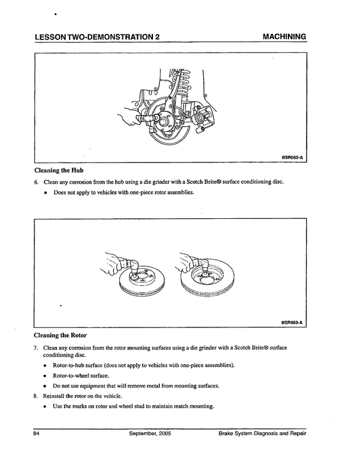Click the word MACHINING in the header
click(x=285, y=36)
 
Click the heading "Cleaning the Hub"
click(x=59, y=171)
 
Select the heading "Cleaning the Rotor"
click(x=60, y=336)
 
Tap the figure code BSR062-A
click(x=292, y=157)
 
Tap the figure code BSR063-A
click(x=292, y=322)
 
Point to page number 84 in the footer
click(x=36, y=433)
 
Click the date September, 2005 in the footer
click(x=150, y=433)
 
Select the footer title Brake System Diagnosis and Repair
click(x=262, y=433)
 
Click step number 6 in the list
click(x=36, y=182)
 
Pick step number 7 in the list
click(x=36, y=347)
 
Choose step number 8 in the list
click(x=36, y=396)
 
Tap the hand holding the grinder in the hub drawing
click(x=128, y=117)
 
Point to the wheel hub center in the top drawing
click(x=163, y=121)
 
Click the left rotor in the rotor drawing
click(x=141, y=281)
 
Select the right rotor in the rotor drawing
click(x=208, y=278)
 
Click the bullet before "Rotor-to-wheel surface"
click(x=45, y=376)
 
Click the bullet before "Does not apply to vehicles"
click(x=46, y=193)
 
